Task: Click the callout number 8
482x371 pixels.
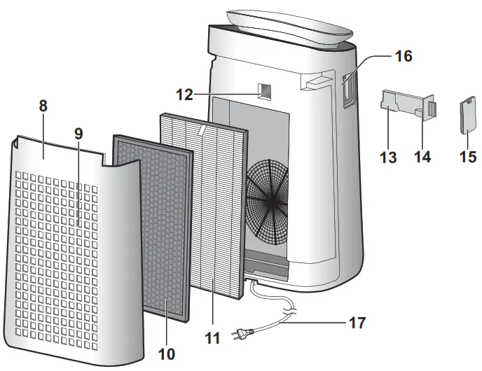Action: point(43,106)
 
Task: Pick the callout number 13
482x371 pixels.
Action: point(388,157)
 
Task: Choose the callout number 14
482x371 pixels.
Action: point(422,157)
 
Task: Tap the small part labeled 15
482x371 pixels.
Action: point(468,115)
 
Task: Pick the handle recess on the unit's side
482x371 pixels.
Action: point(349,91)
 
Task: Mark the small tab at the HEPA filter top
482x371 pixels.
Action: point(202,129)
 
